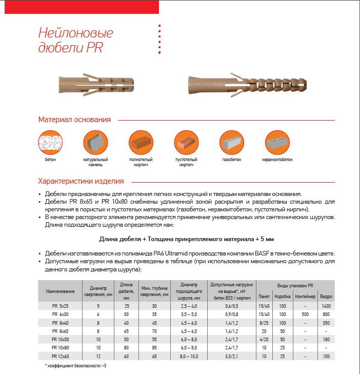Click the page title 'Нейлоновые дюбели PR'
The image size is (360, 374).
tap(75, 40)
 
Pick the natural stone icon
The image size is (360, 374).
tap(95, 141)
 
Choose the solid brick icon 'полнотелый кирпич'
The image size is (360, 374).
tap(140, 141)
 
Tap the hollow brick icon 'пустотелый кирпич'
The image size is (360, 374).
tap(186, 141)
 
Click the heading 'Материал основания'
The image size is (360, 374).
tap(74, 120)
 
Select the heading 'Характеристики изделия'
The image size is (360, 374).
tap(81, 181)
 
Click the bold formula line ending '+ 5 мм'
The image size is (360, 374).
tap(186, 240)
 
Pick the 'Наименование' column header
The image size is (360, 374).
tap(61, 291)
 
